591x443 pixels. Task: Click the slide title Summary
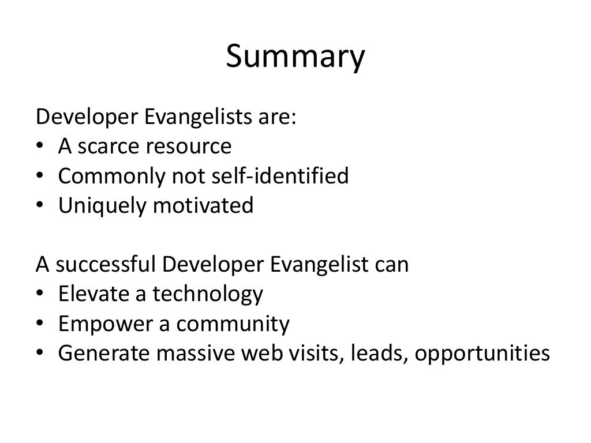pyautogui.click(x=295, y=58)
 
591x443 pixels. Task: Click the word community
pyautogui.click(x=233, y=325)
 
